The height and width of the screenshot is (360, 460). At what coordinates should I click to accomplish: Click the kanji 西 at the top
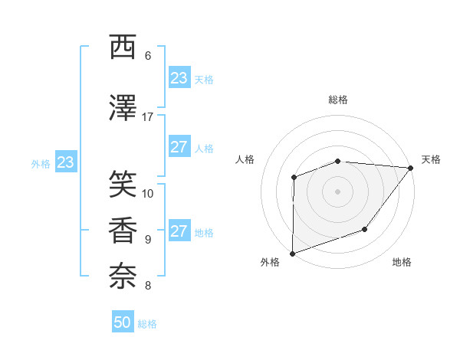(123, 47)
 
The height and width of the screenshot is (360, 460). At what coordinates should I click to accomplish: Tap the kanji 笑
(123, 184)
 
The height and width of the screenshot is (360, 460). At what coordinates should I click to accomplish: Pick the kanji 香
(123, 231)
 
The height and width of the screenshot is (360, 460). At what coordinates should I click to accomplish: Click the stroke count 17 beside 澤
(148, 117)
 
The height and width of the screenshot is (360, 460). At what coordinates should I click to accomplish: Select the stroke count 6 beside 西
(148, 56)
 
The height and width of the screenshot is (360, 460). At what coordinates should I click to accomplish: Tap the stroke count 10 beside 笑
(148, 194)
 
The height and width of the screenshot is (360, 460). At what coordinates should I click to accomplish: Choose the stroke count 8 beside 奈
(148, 286)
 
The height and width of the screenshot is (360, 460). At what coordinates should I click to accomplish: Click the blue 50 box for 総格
(123, 322)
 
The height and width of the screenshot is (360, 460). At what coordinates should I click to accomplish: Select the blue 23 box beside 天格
(179, 78)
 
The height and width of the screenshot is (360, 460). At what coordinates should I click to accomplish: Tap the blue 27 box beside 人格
(179, 147)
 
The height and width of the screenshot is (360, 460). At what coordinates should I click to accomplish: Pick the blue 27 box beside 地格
(179, 231)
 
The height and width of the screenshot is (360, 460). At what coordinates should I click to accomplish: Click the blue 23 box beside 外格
(65, 162)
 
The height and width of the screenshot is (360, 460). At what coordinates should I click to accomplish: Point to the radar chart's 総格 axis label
(338, 100)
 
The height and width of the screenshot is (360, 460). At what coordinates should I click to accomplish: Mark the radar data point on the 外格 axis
(292, 253)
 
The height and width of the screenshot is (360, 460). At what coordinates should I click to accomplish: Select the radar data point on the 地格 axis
(366, 229)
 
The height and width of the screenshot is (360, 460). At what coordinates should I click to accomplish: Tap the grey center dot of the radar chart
(337, 191)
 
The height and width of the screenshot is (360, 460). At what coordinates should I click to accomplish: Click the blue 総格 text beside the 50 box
(147, 324)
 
